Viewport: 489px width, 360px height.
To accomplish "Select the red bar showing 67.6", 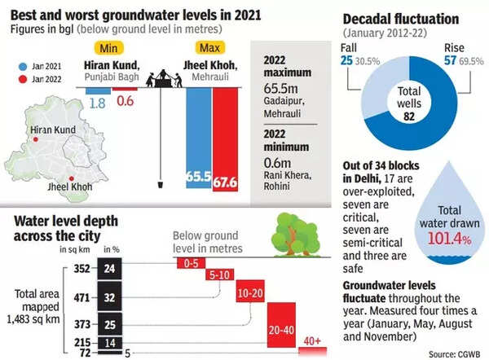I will [224, 138].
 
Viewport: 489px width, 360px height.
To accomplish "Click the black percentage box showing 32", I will [109, 298].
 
